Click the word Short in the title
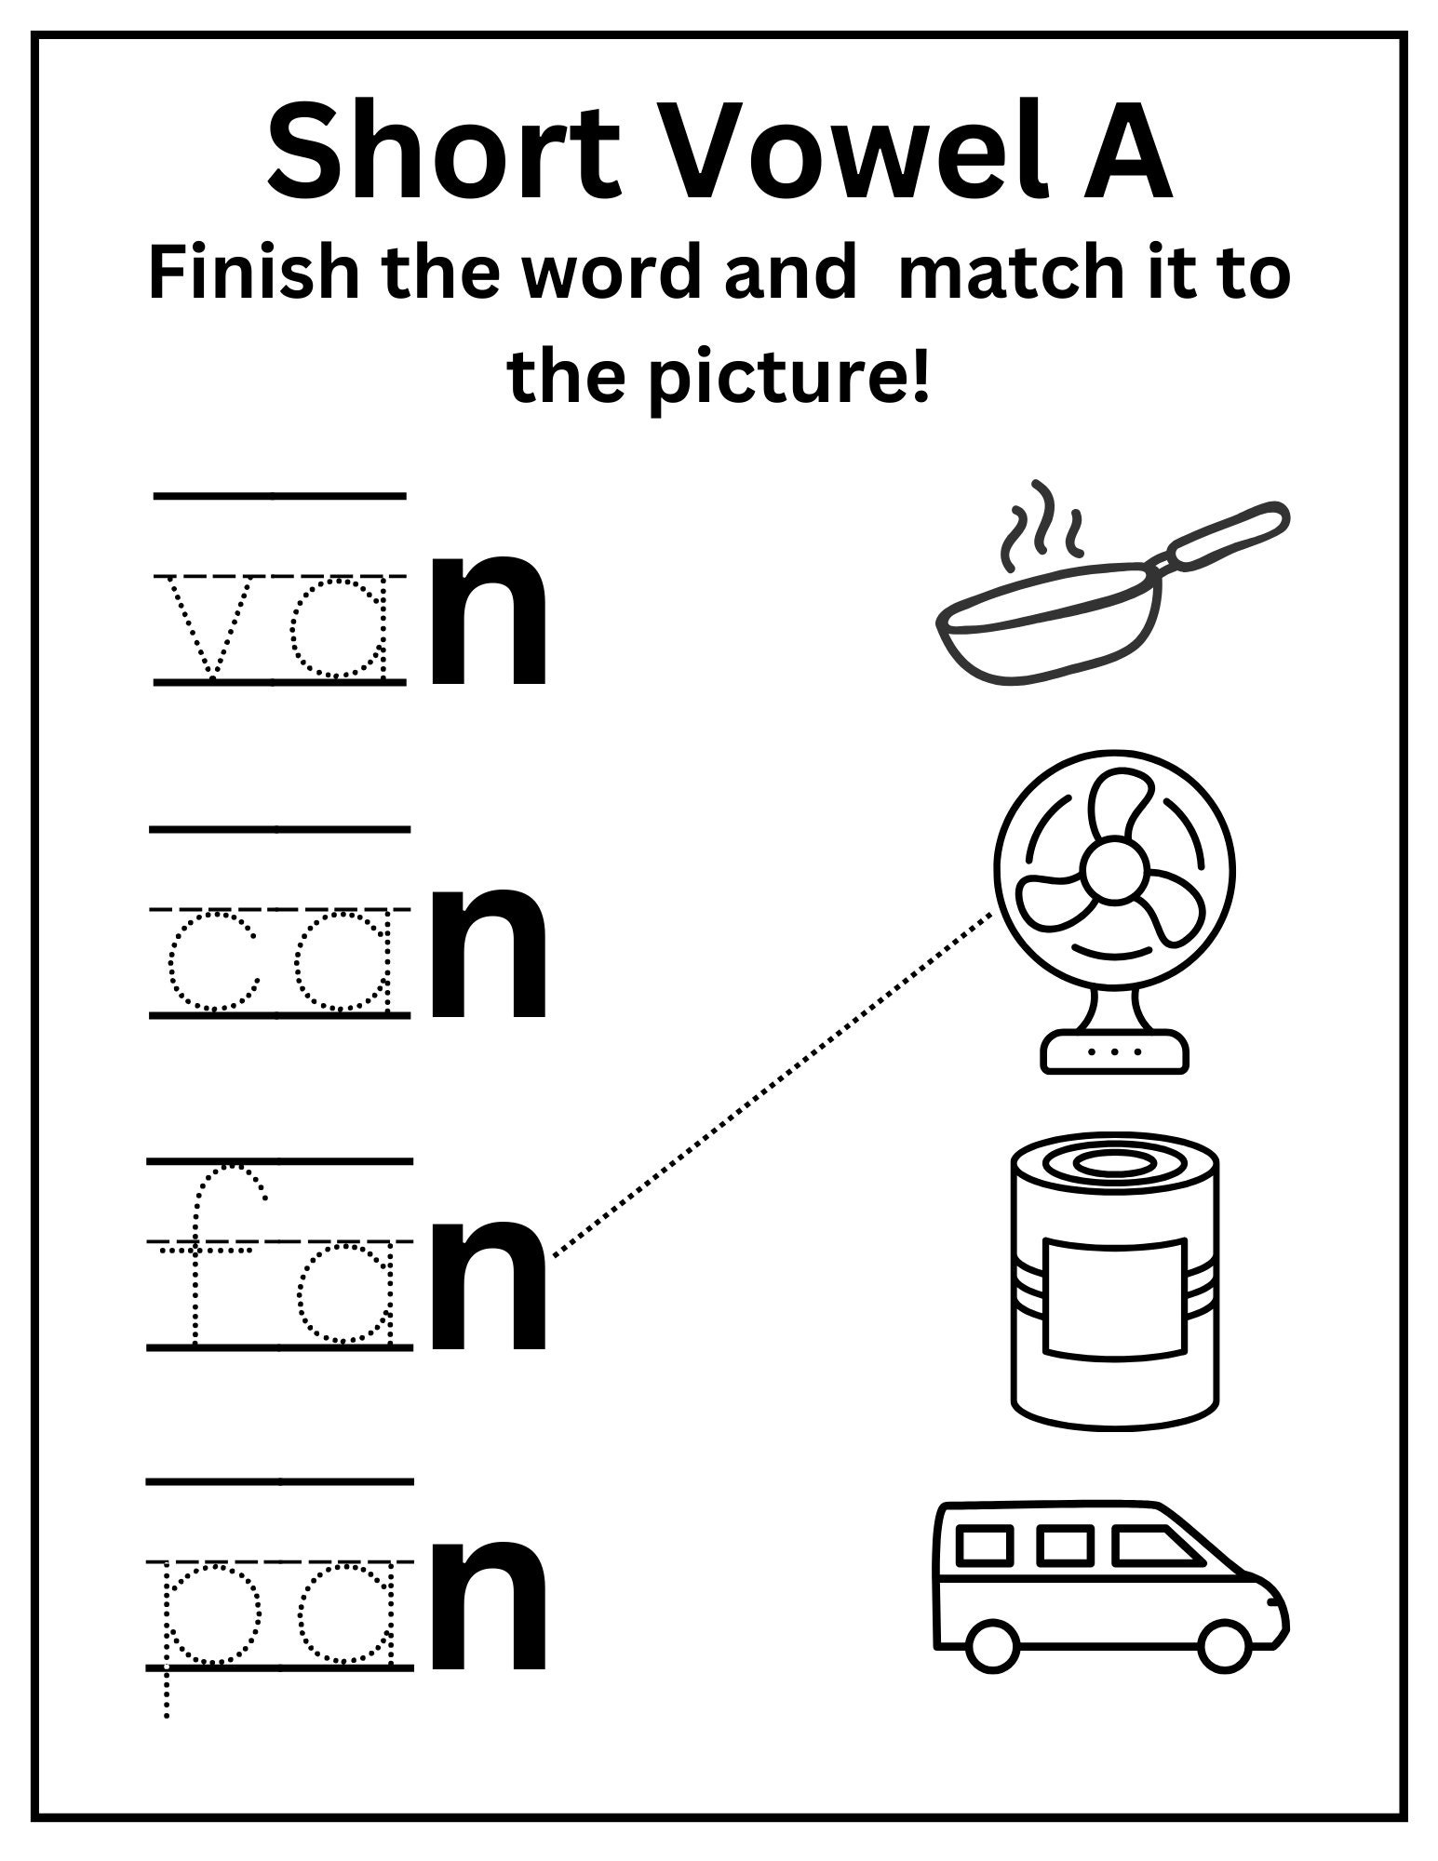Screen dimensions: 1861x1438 point(445,154)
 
